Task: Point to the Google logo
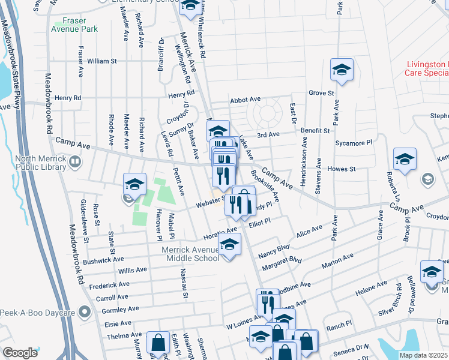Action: click(20, 353)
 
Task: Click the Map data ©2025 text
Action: click(423, 355)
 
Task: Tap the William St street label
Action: click(101, 61)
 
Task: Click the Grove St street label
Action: click(321, 93)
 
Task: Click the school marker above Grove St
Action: click(342, 69)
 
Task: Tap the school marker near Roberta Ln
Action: click(405, 159)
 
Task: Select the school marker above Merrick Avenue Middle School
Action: click(229, 244)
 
